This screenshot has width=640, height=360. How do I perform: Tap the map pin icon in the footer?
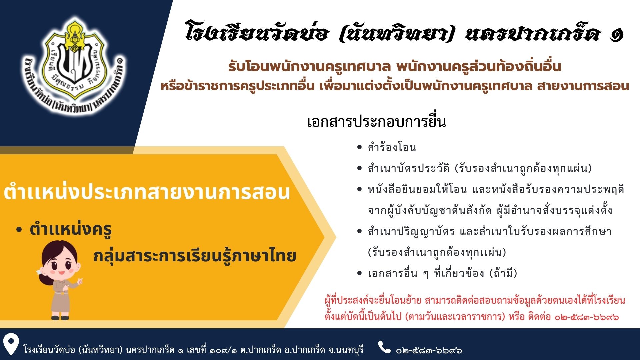(11, 345)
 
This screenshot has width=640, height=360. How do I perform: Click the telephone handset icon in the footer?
(384, 347)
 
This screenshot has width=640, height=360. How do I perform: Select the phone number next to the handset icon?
(429, 350)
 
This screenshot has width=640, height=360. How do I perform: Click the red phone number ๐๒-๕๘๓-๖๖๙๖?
(587, 317)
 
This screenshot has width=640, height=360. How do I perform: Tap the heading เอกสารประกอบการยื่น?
(376, 122)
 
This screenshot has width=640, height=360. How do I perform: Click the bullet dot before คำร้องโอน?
(359, 147)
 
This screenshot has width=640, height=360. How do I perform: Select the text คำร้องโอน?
(392, 147)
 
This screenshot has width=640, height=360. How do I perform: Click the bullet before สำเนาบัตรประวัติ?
(359, 168)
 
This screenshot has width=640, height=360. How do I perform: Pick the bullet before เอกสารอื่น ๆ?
(359, 273)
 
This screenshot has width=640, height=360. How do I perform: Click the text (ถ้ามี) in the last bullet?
(503, 273)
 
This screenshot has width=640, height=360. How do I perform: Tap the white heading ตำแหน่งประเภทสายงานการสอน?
(147, 193)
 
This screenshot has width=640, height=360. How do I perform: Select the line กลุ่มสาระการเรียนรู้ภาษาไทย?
(195, 256)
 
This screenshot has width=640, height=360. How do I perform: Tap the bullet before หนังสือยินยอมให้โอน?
(359, 189)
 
